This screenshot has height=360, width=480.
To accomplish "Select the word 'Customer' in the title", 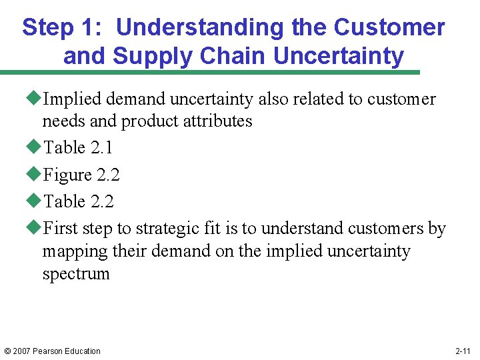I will pos(389,27).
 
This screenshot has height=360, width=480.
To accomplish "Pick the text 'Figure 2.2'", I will pos(82,175).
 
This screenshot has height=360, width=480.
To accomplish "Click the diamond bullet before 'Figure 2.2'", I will pos(37,175).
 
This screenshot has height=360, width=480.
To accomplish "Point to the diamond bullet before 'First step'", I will pos(37,229).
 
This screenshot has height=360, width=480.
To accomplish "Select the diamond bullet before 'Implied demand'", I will pos(37,99).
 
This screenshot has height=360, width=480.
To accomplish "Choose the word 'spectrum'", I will pos(76,274).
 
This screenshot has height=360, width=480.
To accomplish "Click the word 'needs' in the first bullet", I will pos(62,121).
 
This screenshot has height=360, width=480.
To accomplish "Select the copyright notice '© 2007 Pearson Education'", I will pos(51,351).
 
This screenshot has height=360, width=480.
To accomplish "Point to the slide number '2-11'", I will pos(463,351).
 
